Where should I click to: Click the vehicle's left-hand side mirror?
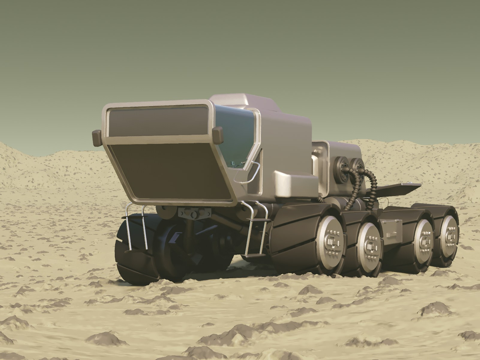(x=97, y=138)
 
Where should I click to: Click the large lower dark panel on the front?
(x=173, y=170)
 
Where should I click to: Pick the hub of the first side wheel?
(x=330, y=242)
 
